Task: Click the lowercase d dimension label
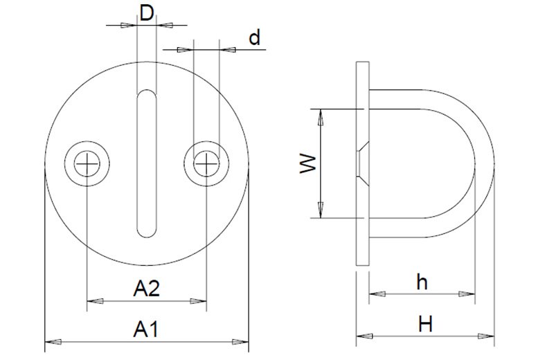[x=255, y=37]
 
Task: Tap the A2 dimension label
[x=146, y=288]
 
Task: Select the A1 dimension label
[x=146, y=328]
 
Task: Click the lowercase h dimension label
[x=422, y=282]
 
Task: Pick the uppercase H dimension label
[x=425, y=323]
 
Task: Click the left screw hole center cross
[x=87, y=164]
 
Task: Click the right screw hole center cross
[x=206, y=164]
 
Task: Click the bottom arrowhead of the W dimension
[x=321, y=209]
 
